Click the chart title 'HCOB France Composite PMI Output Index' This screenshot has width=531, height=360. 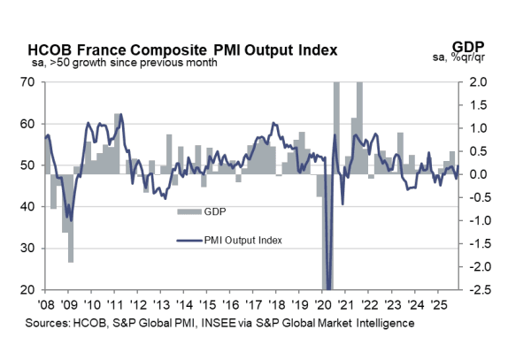pos(182,50)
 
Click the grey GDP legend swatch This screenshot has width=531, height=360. pos(189,212)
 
